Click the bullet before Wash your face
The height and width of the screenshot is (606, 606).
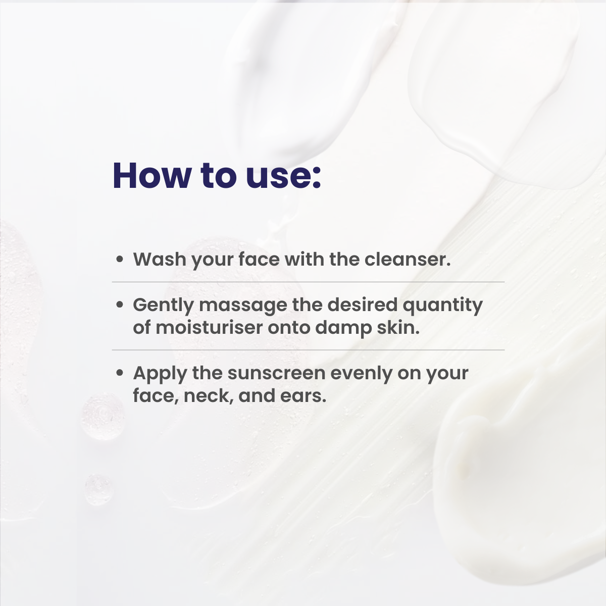120,260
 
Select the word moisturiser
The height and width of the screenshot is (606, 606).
209,327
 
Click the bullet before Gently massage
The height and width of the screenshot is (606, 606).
120,305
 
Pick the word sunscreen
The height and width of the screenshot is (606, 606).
276,373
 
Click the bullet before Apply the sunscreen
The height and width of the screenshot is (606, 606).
120,373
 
